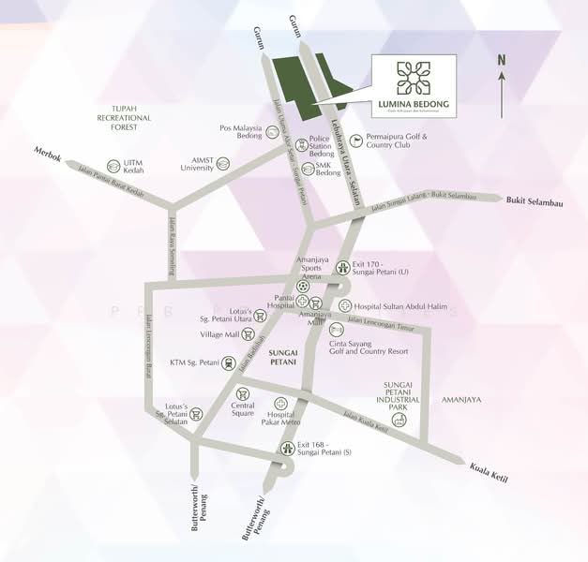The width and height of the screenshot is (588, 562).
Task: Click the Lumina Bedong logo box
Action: (x=414, y=86)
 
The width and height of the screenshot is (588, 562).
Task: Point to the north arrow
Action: (x=502, y=89)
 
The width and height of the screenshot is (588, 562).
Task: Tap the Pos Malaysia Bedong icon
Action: (x=272, y=132)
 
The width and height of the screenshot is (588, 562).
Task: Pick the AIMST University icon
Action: (x=223, y=164)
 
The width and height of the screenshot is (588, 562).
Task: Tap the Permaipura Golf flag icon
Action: (x=354, y=140)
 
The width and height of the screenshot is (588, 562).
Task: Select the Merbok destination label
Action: (x=47, y=155)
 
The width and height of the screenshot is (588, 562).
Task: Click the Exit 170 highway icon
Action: (x=343, y=267)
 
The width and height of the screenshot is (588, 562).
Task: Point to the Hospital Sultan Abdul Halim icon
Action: (x=345, y=305)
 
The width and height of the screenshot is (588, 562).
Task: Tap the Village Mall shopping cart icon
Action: (x=248, y=333)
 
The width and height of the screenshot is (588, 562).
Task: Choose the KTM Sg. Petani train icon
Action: (x=230, y=362)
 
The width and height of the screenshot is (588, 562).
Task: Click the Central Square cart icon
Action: (x=243, y=394)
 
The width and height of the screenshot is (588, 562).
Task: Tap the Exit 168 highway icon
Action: (x=287, y=449)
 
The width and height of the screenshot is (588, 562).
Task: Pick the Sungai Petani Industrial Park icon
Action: (x=400, y=420)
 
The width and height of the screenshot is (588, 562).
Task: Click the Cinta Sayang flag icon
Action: (x=337, y=331)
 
